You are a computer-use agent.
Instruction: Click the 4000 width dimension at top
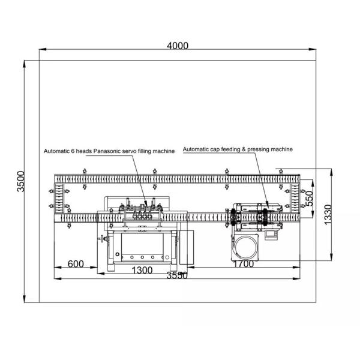[177, 46]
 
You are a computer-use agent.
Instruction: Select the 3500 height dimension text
[21, 181]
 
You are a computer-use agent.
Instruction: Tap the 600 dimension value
[76, 263]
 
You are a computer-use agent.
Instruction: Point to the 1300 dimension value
[142, 270]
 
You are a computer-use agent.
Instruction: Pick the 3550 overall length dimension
[177, 275]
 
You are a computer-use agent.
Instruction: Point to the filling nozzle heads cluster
[144, 211]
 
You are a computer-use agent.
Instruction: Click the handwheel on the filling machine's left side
[103, 241]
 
